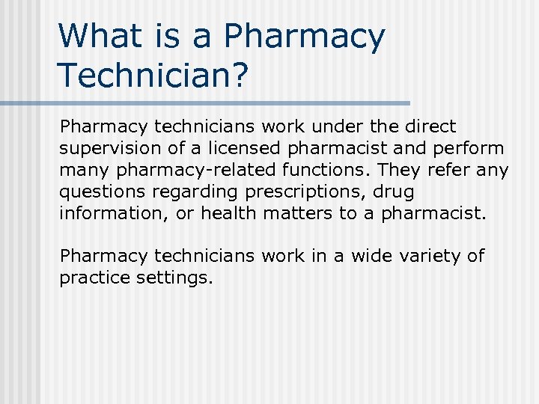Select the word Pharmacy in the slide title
(x=305, y=37)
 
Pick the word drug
(x=394, y=192)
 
